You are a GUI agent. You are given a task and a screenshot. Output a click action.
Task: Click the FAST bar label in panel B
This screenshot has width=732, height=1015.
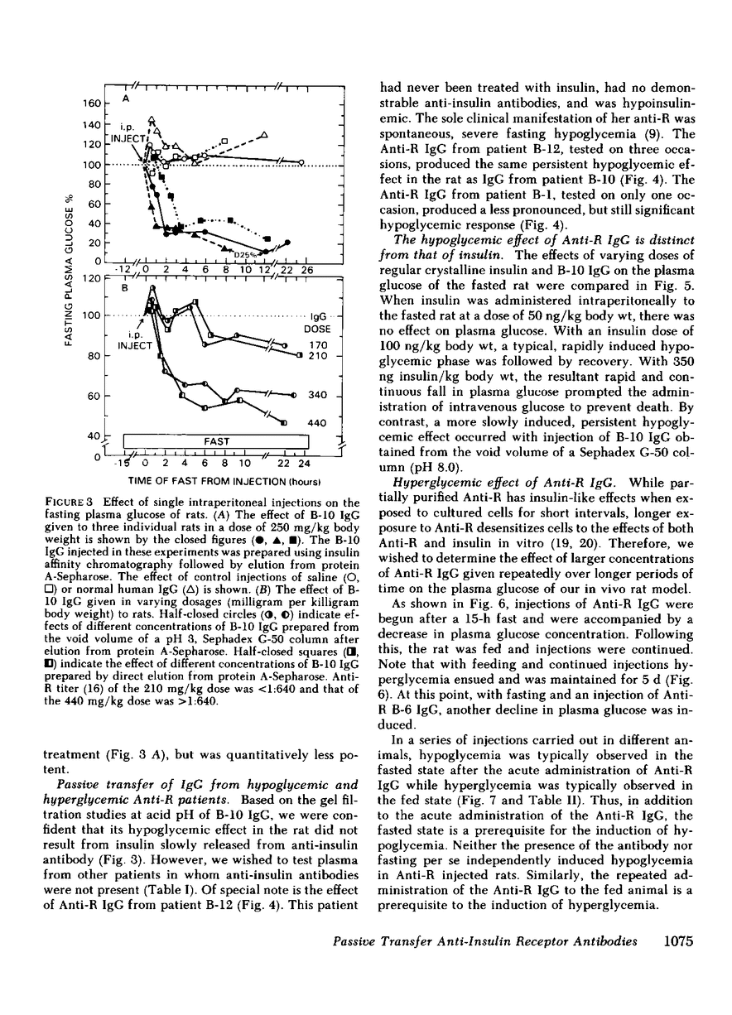tap(205, 441)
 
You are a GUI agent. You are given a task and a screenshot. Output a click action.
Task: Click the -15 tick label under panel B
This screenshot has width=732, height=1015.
tap(124, 464)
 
